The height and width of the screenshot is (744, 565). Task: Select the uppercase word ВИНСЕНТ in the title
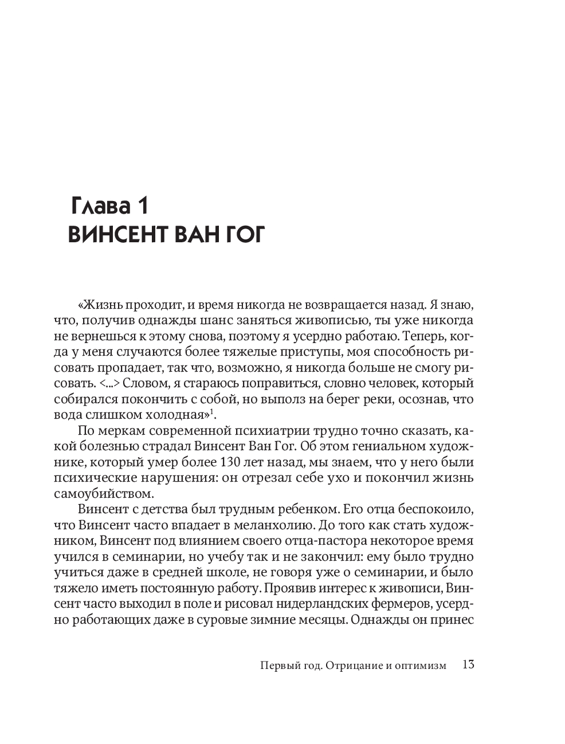[115, 234]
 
